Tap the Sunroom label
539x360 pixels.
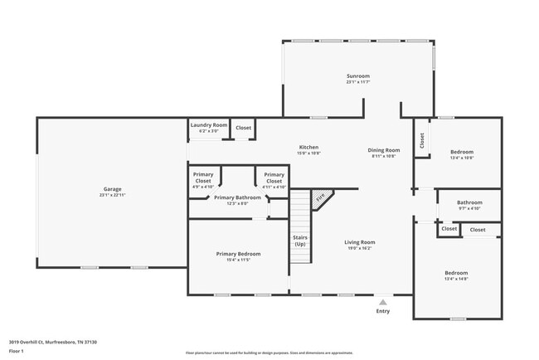pos(357,75)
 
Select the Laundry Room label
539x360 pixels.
pos(208,125)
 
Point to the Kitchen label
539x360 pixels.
pos(308,148)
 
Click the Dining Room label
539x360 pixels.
pos(382,150)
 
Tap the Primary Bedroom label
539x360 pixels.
pos(238,254)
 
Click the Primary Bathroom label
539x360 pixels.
pos(237,197)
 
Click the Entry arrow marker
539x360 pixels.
pos(382,303)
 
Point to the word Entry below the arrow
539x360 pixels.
pos(382,311)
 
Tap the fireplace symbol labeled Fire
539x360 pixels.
pos(320,199)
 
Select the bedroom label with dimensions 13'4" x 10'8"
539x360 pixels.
pos(462,152)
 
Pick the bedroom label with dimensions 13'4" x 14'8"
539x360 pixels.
pos(456,273)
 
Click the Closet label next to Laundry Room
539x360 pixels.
pos(243,128)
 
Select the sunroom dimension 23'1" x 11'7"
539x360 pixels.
pos(357,81)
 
